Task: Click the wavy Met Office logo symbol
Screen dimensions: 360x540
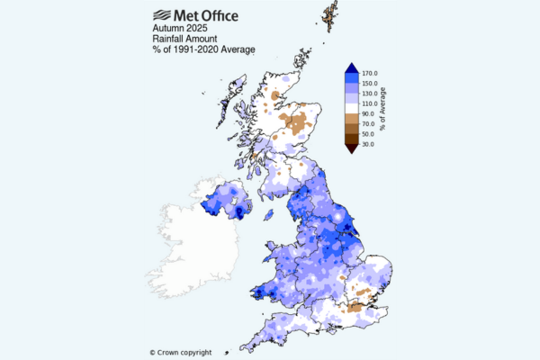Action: (x=164, y=14)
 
